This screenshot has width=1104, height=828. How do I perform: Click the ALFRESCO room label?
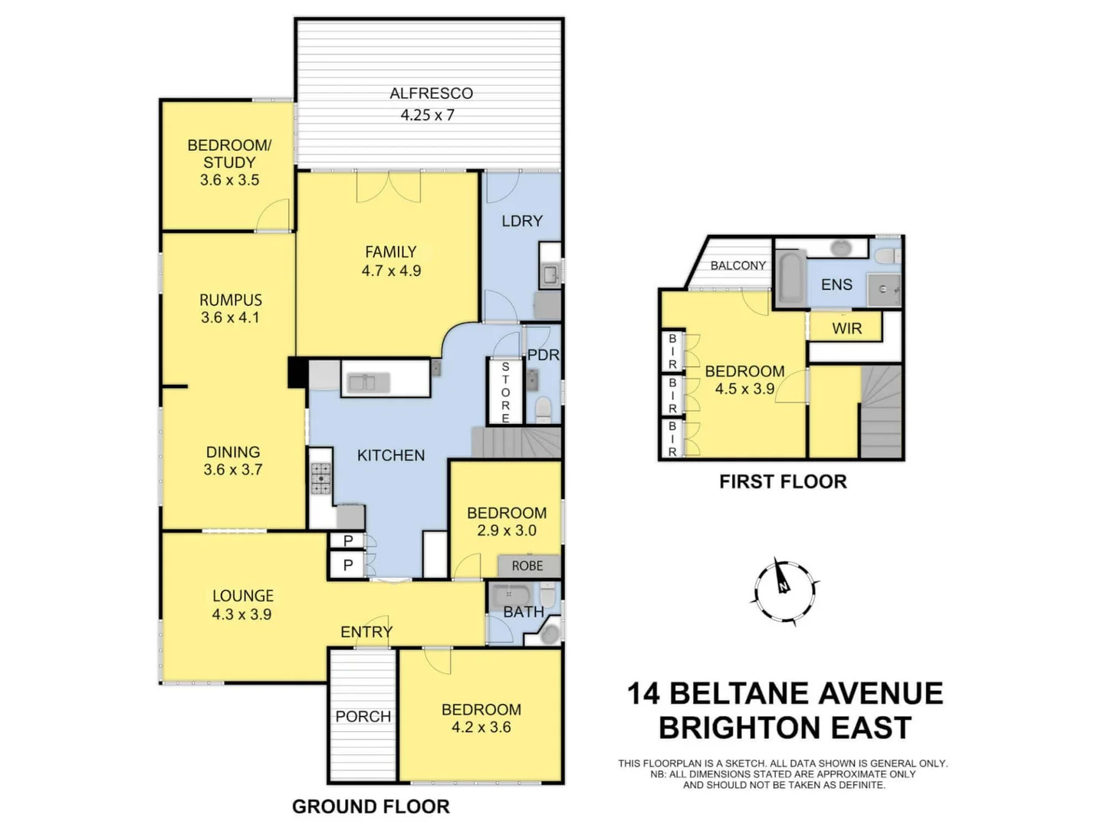(x=431, y=94)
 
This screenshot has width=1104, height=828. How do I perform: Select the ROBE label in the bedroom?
(x=527, y=566)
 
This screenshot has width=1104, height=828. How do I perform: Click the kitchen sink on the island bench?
(x=370, y=382)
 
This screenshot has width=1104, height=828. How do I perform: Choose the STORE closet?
(x=505, y=392)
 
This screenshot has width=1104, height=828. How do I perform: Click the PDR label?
(x=543, y=355)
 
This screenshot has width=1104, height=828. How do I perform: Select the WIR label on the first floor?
(x=846, y=328)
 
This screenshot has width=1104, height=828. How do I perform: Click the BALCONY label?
(x=738, y=265)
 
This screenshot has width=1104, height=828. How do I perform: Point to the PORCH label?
(x=363, y=716)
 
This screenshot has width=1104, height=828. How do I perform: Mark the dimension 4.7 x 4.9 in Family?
(x=391, y=271)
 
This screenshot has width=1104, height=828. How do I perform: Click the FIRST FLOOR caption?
(x=783, y=481)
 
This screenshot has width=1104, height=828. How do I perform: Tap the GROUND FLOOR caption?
(x=370, y=807)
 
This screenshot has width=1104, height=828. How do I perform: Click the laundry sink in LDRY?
(x=550, y=273)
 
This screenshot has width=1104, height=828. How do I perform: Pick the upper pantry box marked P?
(x=348, y=540)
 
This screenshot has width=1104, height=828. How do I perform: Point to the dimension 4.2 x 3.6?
(x=481, y=728)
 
